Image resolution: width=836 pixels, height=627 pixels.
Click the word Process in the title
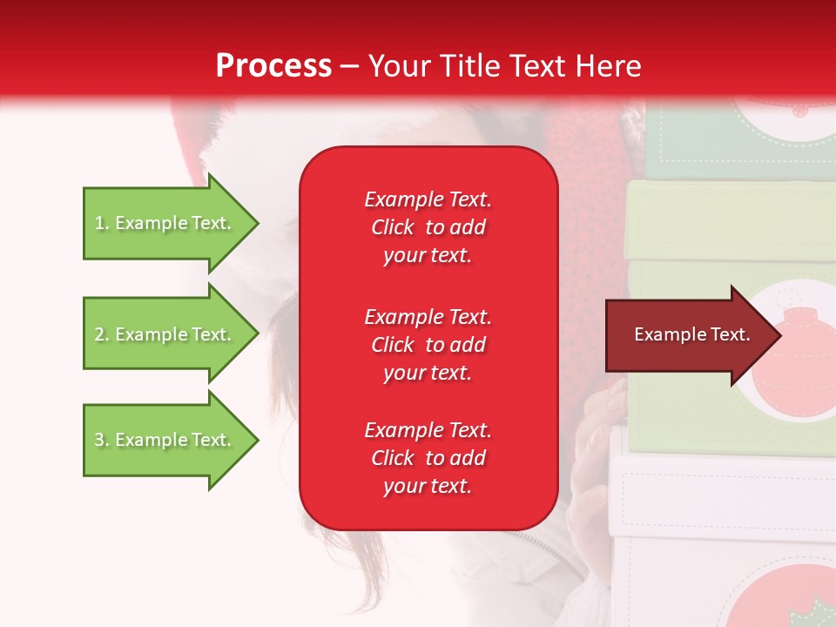273,66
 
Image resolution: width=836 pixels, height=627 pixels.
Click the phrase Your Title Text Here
505,66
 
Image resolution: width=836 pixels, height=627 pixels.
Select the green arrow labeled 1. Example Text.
165,223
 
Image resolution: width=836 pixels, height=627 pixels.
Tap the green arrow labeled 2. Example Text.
165,334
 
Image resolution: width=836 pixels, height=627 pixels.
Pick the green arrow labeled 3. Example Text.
165,440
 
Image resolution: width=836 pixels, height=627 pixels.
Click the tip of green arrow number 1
255,223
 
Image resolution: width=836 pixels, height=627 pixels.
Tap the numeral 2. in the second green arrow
102,334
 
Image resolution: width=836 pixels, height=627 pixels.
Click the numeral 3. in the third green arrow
102,440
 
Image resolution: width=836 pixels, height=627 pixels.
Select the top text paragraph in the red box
428,227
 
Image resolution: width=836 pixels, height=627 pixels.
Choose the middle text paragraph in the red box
428,344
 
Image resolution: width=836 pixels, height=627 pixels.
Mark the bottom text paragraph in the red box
428,458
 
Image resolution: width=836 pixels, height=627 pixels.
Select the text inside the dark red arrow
691,334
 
